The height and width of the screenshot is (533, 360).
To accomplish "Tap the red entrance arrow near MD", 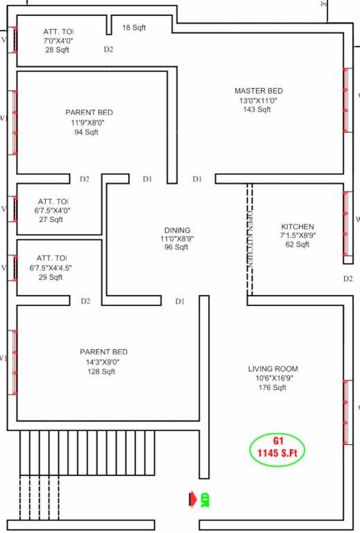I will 191,498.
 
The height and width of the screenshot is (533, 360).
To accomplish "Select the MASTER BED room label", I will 258,91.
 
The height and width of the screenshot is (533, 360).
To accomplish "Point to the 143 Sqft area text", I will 258,110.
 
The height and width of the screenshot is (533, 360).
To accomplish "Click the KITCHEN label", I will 298,227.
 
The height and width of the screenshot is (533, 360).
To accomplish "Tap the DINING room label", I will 177,230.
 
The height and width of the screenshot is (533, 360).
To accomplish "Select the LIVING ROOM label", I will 273,369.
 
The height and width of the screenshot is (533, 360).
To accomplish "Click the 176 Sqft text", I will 273,388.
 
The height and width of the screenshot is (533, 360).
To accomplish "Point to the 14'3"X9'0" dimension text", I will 103,362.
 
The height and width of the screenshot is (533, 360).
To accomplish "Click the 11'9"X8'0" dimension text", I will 89,122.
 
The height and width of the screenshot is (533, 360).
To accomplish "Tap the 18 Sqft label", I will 135,28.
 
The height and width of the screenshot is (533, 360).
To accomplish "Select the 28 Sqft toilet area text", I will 58,51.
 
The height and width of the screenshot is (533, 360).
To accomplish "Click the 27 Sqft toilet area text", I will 51,219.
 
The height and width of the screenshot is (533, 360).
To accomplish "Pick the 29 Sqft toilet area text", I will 51,277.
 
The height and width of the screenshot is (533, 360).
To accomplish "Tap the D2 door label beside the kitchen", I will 348,279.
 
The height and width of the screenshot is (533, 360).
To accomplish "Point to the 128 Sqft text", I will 103,371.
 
